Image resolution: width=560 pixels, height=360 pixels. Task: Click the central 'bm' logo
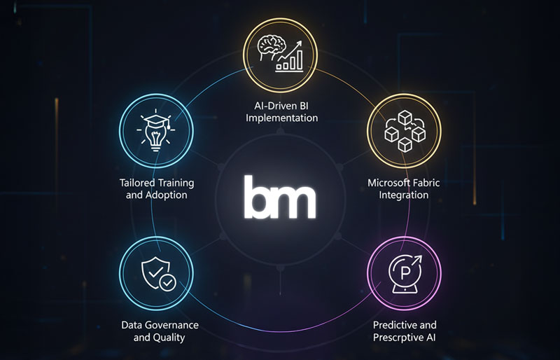click(x=279, y=198)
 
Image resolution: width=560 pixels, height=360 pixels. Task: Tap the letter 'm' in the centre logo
click(x=294, y=200)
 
